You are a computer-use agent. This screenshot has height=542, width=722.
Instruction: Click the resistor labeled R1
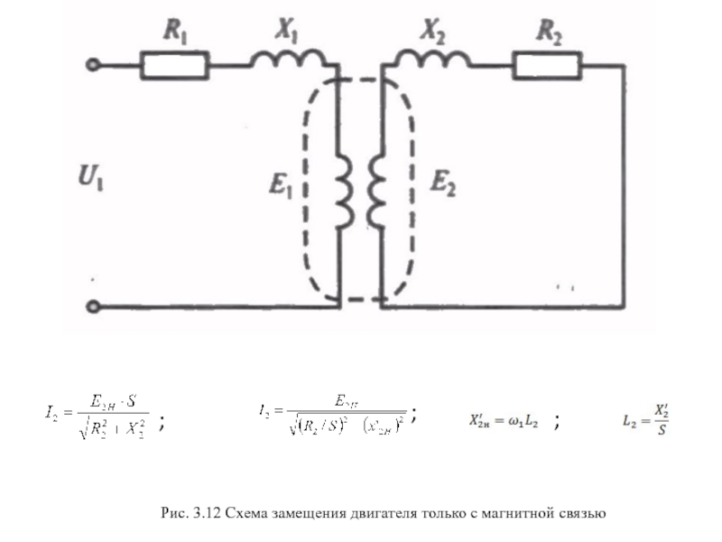175,65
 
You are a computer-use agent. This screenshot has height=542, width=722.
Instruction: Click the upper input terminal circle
92,65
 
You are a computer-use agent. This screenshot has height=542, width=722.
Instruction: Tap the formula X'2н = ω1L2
504,421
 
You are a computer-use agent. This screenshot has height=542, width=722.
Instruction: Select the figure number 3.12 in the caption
205,514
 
